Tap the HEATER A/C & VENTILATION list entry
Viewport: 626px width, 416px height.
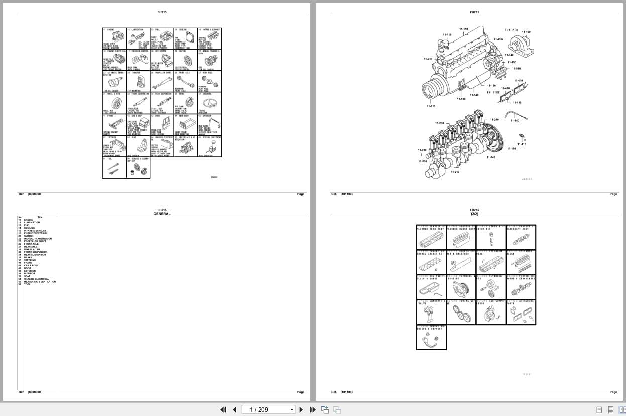[x=40, y=282]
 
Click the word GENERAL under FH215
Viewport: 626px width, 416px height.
[x=162, y=214]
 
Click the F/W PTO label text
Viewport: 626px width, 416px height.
[x=512, y=30]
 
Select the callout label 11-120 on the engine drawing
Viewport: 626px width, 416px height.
[x=498, y=39]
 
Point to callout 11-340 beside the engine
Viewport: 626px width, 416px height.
[x=509, y=55]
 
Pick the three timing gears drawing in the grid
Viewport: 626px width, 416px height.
[x=461, y=315]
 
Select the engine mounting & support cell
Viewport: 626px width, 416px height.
[x=431, y=338]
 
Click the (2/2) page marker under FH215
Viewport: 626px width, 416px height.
[x=474, y=214]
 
